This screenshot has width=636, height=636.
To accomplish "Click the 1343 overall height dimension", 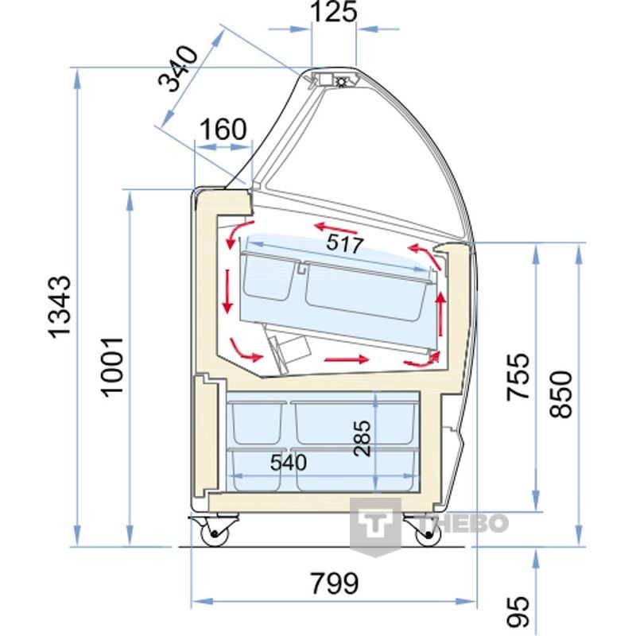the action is (60, 307).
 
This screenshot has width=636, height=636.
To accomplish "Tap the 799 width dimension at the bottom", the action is (335, 584).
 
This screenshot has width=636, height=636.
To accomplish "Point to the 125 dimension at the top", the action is (334, 11).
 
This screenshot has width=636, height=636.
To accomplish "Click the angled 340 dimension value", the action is (178, 69).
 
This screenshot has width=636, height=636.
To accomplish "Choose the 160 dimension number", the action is (223, 129).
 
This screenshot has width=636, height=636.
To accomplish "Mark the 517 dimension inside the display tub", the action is (345, 244).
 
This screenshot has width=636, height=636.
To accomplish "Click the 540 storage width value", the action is (289, 463).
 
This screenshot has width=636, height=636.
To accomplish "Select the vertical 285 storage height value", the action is (363, 439).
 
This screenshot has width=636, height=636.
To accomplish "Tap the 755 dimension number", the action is (518, 377).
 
